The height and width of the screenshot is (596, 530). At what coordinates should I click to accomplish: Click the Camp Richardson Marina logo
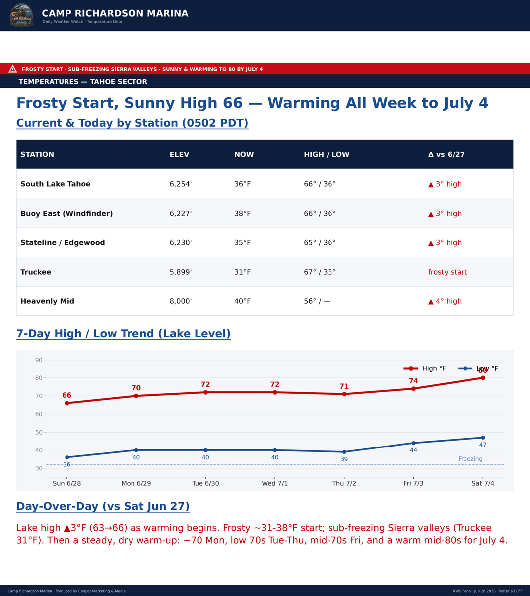point(21,15)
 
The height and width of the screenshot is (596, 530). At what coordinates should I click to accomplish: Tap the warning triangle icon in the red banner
point(12,69)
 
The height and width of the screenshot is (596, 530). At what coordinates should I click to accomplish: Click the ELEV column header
point(179,155)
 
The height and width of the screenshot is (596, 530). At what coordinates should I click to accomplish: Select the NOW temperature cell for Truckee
point(243,272)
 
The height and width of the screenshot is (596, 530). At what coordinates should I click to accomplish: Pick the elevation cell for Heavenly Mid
point(181,301)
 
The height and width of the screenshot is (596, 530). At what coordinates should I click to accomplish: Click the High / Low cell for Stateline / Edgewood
point(320,243)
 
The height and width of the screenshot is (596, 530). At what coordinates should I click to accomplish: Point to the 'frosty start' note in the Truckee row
point(448,272)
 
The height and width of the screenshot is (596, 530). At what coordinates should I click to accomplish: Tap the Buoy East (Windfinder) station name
point(66,213)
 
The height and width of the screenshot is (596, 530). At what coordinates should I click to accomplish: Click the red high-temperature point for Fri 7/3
point(413,388)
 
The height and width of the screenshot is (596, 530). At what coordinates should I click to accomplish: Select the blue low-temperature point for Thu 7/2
point(344,452)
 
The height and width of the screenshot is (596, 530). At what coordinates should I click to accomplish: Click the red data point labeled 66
point(67,403)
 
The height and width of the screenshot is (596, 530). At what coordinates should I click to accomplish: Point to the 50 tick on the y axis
point(39,432)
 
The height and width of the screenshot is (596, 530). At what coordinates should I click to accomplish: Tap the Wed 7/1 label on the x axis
point(275,483)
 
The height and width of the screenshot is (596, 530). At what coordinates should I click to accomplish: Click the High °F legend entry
point(425,368)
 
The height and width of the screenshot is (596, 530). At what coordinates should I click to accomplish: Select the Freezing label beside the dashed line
point(470,458)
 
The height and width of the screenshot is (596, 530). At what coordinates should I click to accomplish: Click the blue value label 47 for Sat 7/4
point(483,445)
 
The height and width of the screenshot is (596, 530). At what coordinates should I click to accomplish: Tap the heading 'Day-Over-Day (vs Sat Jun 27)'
point(103,506)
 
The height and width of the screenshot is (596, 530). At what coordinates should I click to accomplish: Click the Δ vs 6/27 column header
point(446,155)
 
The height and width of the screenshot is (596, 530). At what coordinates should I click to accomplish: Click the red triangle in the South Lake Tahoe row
point(431,184)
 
